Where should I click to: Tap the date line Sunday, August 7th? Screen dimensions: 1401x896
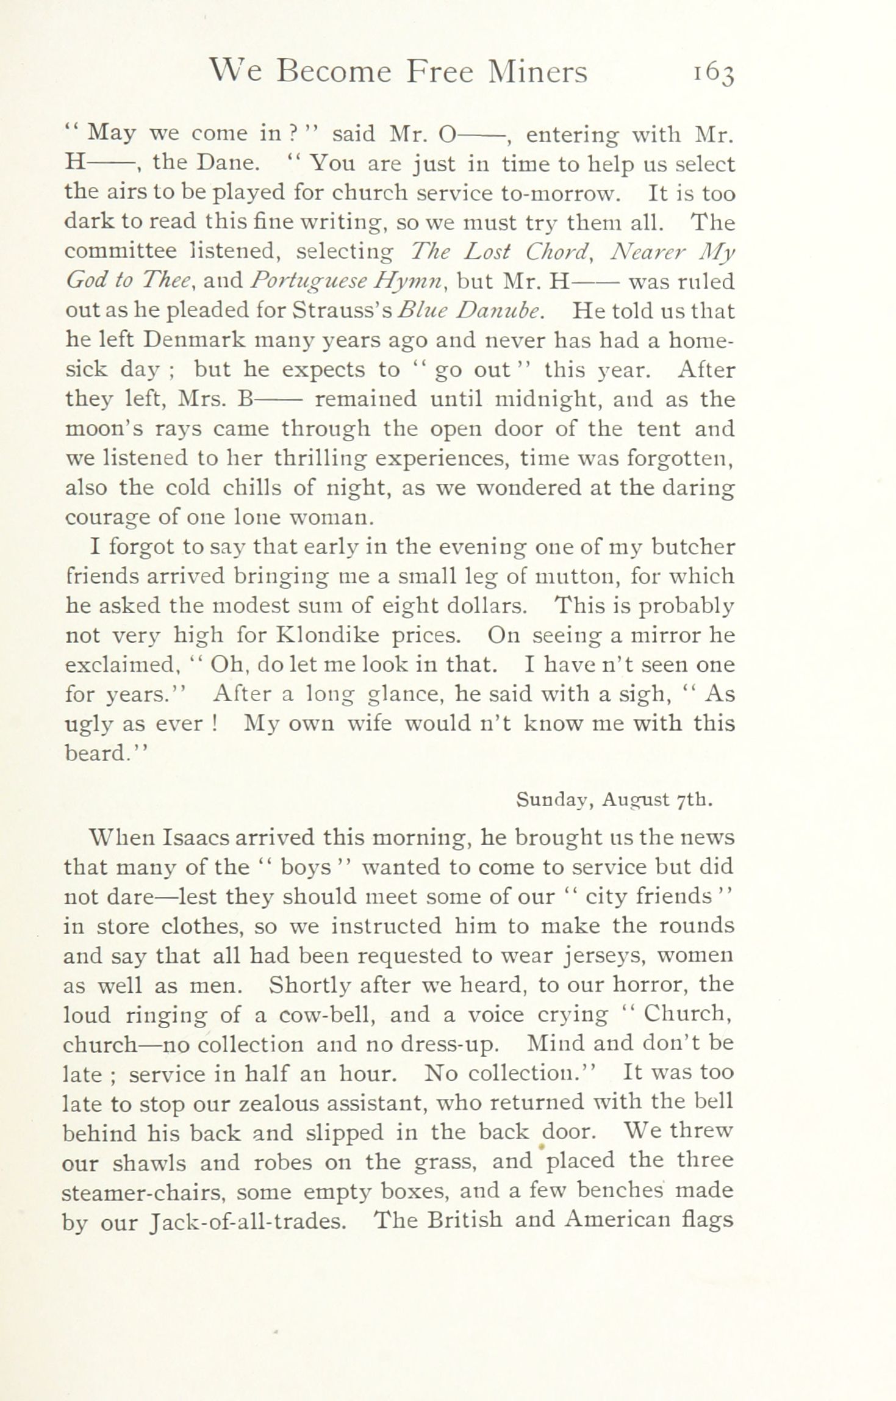pyautogui.click(x=614, y=800)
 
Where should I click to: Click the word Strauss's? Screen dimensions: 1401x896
pyautogui.click(x=343, y=311)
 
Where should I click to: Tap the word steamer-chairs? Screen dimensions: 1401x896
pyautogui.click(x=144, y=1191)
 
